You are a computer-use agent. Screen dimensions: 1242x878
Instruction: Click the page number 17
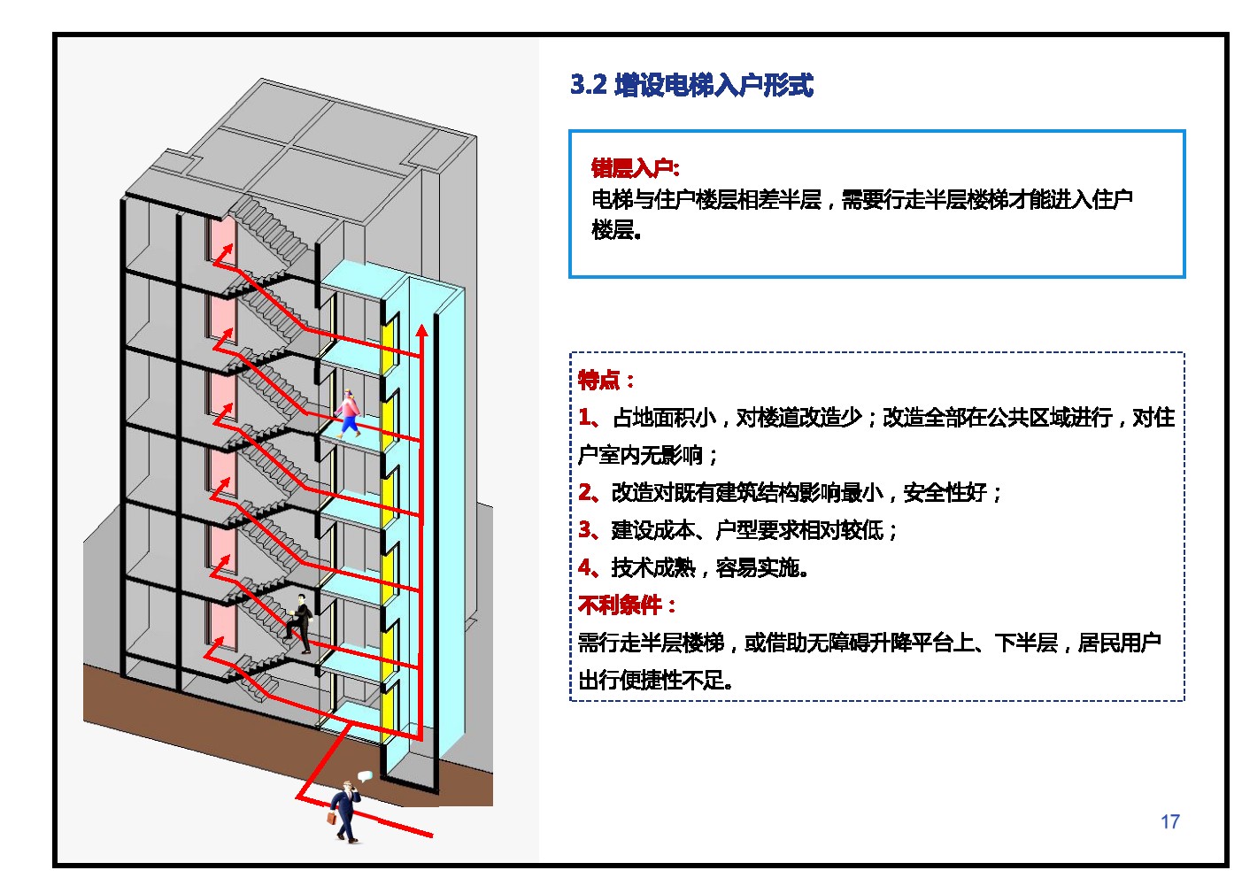tap(1170, 821)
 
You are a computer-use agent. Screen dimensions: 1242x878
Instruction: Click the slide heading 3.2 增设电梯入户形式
tap(691, 85)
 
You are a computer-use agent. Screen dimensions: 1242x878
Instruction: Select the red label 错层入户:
tap(636, 167)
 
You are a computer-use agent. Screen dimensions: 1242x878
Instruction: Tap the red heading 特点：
tap(606, 381)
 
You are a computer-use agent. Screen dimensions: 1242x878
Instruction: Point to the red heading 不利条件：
tap(627, 605)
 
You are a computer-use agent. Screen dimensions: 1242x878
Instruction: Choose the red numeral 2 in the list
tap(584, 491)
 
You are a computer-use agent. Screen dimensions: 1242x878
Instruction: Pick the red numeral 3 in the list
tap(584, 529)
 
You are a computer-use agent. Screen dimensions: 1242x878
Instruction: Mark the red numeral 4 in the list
tap(585, 567)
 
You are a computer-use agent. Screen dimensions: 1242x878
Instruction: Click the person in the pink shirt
tap(349, 413)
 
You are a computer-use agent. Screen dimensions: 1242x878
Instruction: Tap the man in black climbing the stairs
tap(299, 623)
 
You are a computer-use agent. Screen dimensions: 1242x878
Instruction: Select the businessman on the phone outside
tap(345, 812)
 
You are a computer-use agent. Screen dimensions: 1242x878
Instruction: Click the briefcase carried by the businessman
tap(332, 818)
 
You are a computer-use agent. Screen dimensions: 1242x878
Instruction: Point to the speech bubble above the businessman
tap(365, 776)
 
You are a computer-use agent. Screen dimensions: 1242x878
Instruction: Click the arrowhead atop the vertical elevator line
tap(422, 330)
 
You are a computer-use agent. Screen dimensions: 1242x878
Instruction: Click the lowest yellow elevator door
tap(388, 711)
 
